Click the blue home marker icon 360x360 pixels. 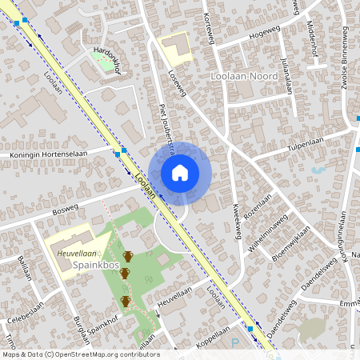180,173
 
